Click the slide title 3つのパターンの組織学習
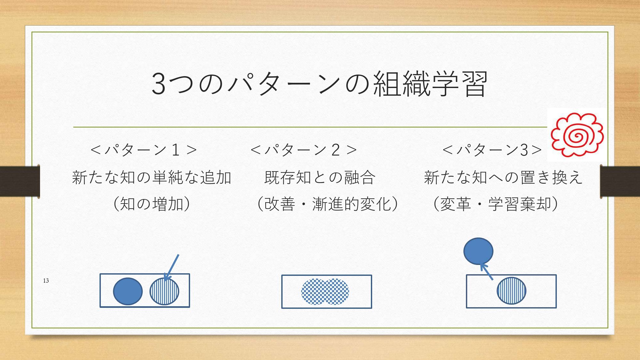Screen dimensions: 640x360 tap(319, 84)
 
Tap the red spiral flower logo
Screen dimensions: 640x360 tap(577, 135)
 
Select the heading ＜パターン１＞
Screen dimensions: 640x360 tap(144, 150)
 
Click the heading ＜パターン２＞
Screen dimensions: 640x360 tap(304, 150)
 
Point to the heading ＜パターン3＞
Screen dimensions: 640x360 tap(492, 150)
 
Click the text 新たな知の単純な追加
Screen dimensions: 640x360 tap(152, 177)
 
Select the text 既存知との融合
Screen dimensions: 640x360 tap(320, 177)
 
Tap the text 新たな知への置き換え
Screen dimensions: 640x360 tap(503, 177)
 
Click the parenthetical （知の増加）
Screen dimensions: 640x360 tap(152, 204)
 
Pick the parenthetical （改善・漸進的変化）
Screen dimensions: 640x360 tap(327, 204)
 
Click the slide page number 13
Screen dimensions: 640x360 tap(46, 281)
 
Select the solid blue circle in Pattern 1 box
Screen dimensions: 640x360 tap(128, 291)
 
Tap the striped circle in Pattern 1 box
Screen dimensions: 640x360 tap(164, 291)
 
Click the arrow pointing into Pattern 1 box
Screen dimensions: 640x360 tap(171, 268)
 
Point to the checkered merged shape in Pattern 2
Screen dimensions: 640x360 tap(325, 292)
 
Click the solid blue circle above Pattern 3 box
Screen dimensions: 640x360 tap(478, 251)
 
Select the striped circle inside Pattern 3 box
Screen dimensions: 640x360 tap(511, 291)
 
